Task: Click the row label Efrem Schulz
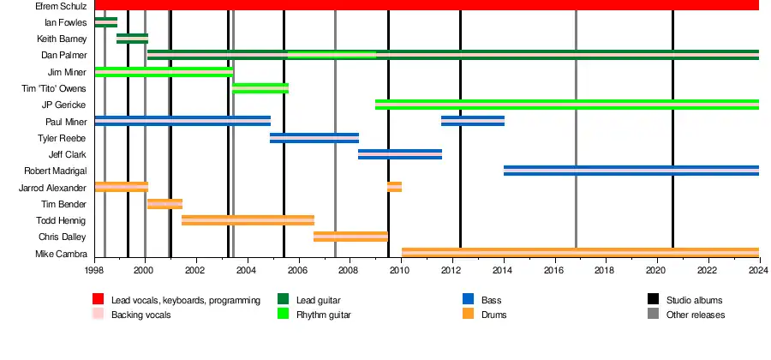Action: [62, 6]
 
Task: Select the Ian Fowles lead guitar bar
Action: [105, 22]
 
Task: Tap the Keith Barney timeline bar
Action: [132, 39]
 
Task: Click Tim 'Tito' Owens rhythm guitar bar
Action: [260, 88]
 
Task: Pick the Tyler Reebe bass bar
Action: [314, 138]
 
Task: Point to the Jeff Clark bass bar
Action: [399, 154]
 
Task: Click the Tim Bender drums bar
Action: [164, 204]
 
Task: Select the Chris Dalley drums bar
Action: [350, 237]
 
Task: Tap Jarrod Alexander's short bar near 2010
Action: [394, 187]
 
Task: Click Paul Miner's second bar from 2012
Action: [472, 121]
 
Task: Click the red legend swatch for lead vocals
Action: [99, 300]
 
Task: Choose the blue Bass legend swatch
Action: [469, 300]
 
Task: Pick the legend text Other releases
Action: [696, 315]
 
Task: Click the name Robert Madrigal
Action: [56, 171]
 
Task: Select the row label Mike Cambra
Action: [61, 254]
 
